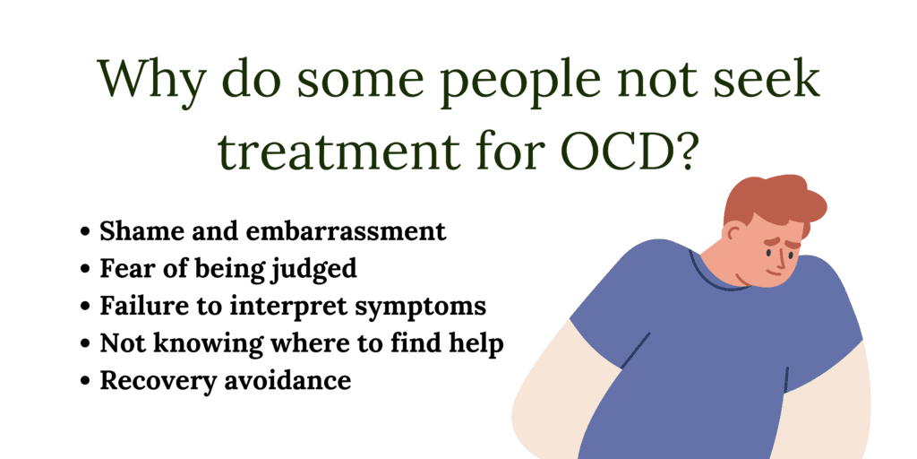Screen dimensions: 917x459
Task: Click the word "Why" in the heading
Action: point(150,79)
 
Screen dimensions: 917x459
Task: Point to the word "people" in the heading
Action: point(527,85)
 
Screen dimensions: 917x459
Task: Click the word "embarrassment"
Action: point(346,231)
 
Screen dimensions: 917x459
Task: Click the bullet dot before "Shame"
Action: point(85,232)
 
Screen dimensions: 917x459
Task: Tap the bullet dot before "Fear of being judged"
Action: point(85,269)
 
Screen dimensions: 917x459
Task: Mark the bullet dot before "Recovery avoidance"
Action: point(85,381)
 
